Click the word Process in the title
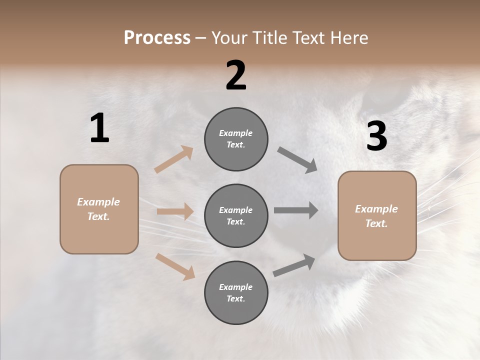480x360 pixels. [x=157, y=38]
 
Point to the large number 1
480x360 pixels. [x=99, y=128]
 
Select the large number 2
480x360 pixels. [x=236, y=75]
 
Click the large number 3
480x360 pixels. [x=376, y=136]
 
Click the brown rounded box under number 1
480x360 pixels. [x=99, y=209]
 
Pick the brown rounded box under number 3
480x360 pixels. [x=377, y=216]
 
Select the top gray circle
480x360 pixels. [x=236, y=139]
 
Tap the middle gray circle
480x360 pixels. [x=236, y=216]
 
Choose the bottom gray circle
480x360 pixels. [x=236, y=293]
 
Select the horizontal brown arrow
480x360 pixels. [x=175, y=211]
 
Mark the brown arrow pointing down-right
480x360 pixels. [x=175, y=266]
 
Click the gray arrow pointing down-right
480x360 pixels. [x=297, y=160]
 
